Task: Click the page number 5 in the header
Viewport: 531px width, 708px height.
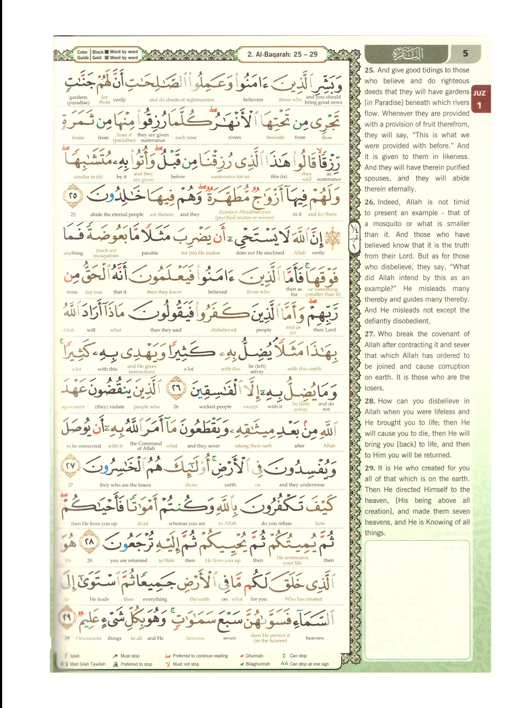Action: coord(465,53)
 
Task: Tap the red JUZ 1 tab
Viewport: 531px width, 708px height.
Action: coord(480,99)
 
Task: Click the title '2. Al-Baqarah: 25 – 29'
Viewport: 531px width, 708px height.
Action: coord(282,55)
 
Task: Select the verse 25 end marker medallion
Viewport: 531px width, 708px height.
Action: coord(73,195)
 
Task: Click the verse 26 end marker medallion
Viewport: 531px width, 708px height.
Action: coord(176,388)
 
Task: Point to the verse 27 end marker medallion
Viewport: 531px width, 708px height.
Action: coord(71,466)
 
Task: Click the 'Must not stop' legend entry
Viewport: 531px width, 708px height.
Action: coord(185,664)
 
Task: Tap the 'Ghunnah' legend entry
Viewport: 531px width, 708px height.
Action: coord(254,656)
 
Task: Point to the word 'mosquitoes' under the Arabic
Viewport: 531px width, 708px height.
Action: coord(106,256)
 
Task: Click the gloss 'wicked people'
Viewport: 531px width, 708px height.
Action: coord(215,406)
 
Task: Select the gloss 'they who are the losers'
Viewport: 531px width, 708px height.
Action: coord(125,485)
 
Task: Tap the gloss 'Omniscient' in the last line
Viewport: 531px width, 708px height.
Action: coord(88,638)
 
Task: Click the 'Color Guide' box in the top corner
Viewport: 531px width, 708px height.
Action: coord(107,55)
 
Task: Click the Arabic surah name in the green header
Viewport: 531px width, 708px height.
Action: coord(407,54)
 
